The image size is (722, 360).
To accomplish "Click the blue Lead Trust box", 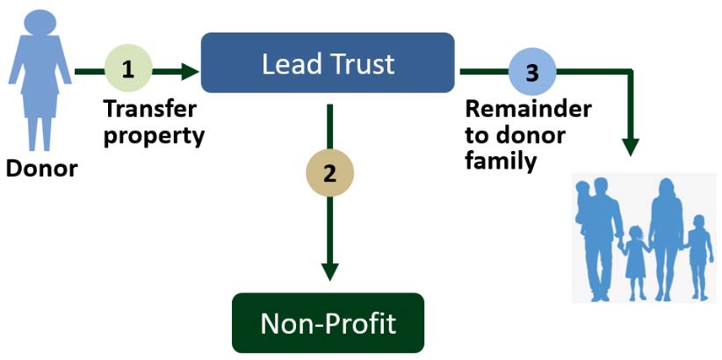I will (x=327, y=62).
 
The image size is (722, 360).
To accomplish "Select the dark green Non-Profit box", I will (x=328, y=323).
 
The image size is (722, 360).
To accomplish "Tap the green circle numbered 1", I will (x=128, y=69).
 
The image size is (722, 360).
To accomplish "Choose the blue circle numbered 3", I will (x=531, y=71).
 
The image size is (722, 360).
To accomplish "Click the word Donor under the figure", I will (x=41, y=168).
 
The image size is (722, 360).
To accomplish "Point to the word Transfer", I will (x=149, y=110).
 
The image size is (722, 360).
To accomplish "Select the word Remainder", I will (x=528, y=110).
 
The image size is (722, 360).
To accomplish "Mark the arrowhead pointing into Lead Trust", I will (x=190, y=70).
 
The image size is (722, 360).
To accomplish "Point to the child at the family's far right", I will (x=698, y=250).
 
